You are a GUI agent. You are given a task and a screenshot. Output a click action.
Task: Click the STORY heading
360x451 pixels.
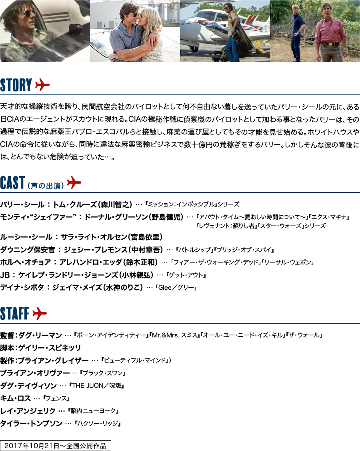(x=16, y=85)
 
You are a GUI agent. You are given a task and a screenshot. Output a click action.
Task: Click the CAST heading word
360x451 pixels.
(x=12, y=183)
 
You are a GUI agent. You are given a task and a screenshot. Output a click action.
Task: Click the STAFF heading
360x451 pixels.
(x=14, y=314)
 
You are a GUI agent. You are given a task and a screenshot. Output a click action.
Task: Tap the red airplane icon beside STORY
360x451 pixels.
(x=42, y=85)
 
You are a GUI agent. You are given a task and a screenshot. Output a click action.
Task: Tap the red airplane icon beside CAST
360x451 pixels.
(x=74, y=183)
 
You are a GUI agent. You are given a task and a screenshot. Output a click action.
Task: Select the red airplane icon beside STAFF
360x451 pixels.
(x=39, y=314)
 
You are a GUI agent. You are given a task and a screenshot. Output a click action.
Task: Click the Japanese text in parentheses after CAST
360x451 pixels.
(x=46, y=186)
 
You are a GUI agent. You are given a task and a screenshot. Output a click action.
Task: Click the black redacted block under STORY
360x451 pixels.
(x=179, y=131)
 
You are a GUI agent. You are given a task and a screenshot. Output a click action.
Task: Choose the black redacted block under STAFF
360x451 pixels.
(x=160, y=379)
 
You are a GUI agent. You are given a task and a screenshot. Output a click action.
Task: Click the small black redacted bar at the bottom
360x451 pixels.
(x=54, y=445)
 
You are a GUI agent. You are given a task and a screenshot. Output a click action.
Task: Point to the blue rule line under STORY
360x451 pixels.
(x=180, y=95)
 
